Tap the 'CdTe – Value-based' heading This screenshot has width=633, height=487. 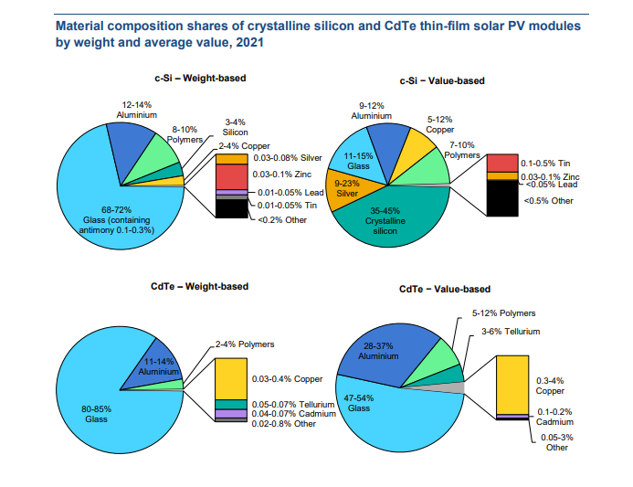tap(445, 290)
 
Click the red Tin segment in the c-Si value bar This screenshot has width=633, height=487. tap(502, 163)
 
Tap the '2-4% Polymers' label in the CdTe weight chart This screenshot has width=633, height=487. tap(245, 344)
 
